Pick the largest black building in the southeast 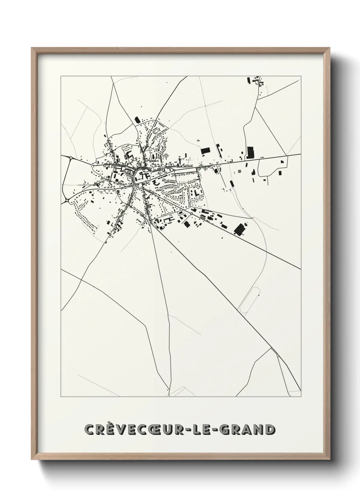(x=241, y=229)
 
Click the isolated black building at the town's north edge (x=137, y=120)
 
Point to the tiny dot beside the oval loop (x=259, y=295)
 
